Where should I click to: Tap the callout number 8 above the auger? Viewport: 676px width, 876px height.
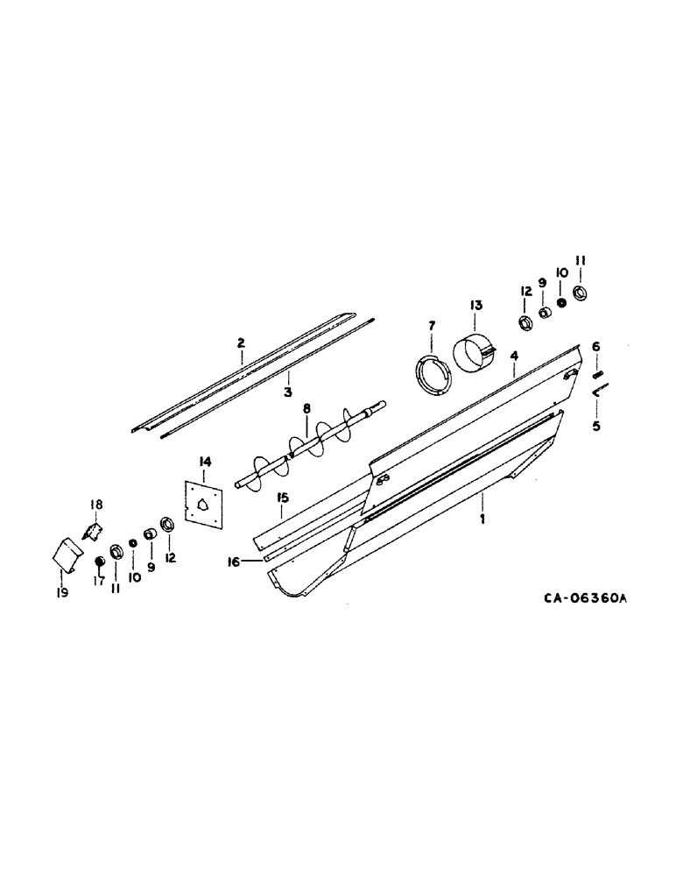[x=306, y=408]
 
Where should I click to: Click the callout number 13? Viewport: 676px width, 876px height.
[x=475, y=306]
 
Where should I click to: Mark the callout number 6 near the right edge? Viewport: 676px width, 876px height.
[x=596, y=347]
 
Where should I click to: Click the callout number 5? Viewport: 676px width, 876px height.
[x=596, y=427]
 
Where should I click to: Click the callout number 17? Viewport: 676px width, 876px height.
[x=97, y=580]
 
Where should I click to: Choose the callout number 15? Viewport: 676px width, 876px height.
[x=283, y=498]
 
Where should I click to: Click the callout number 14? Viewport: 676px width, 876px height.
[x=205, y=461]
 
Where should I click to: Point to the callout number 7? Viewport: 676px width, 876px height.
[x=431, y=326]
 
